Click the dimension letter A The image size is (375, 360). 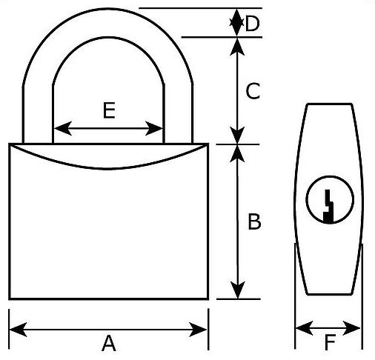(x=109, y=344)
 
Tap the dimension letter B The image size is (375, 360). (x=254, y=221)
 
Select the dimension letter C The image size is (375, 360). (x=253, y=91)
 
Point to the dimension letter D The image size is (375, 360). (x=253, y=23)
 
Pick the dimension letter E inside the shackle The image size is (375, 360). (x=109, y=110)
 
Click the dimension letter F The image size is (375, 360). (x=330, y=342)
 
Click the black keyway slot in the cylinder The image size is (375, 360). (x=328, y=206)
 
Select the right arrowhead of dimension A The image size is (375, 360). (x=198, y=330)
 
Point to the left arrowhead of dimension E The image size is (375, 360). (x=63, y=128)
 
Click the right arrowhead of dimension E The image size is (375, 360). (x=154, y=128)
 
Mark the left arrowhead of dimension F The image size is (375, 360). (x=305, y=328)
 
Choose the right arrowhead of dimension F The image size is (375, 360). (x=351, y=328)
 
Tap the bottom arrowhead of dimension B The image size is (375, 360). (x=237, y=290)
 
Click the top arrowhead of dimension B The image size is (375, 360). (x=237, y=153)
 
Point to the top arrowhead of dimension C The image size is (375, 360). (x=237, y=47)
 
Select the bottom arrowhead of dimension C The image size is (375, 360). (x=237, y=135)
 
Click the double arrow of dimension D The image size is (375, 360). (x=237, y=23)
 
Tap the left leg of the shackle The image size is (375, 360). (x=38, y=114)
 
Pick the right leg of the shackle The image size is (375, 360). (x=178, y=114)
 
